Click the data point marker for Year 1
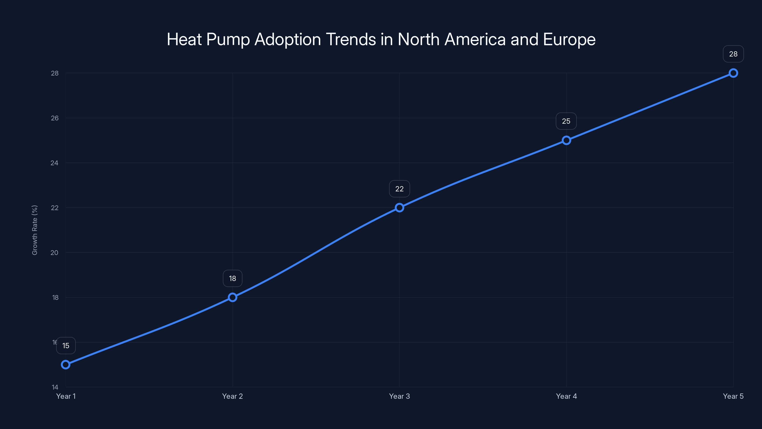(66, 364)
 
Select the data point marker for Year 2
(232, 297)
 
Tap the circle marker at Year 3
(399, 208)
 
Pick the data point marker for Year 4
(566, 140)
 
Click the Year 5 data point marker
(733, 73)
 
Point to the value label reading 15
(66, 346)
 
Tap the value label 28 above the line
(733, 54)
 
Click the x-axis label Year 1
(66, 396)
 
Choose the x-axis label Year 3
(399, 396)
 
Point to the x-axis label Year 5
(733, 396)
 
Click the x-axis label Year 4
(566, 396)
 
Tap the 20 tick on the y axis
(55, 253)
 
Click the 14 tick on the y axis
(55, 387)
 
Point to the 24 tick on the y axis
(55, 163)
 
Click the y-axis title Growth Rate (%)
(35, 230)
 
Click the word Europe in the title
(569, 39)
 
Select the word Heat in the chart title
(184, 39)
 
